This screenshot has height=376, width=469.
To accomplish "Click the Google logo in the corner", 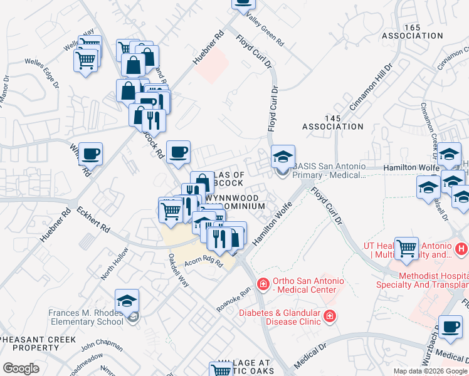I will [21, 368].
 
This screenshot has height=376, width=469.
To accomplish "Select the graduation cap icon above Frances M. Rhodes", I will [127, 301].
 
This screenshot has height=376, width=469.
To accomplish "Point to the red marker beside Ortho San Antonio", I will [263, 285].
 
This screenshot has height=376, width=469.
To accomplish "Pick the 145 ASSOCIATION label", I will [332, 122].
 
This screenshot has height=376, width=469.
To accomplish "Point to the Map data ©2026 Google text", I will [429, 371].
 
